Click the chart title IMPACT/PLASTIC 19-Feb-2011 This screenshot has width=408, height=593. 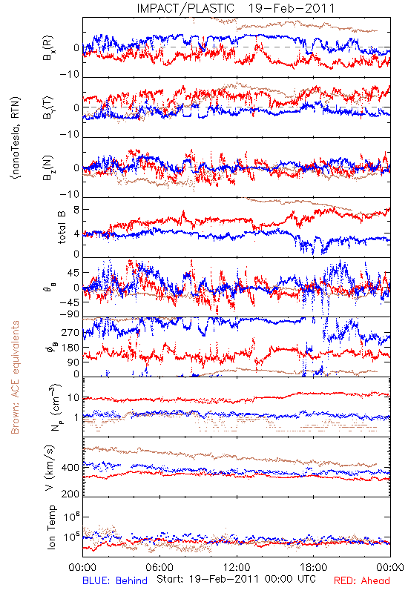coord(236,8)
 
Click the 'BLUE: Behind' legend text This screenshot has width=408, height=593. coord(115,580)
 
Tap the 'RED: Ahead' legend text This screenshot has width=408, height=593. coord(362,580)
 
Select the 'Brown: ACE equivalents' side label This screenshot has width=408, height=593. coord(15,377)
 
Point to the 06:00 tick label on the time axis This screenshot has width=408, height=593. coord(159,567)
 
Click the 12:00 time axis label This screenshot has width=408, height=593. coord(237,567)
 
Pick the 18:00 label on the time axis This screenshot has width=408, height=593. coord(314,567)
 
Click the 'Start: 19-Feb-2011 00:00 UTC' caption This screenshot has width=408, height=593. coord(236,579)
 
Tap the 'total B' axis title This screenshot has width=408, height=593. coord(62,228)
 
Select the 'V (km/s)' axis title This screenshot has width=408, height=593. coord(50,468)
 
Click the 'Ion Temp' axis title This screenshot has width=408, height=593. coord(51,527)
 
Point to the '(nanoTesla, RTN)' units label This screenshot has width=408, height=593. coord(16,138)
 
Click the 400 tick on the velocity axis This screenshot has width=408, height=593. coord(70,468)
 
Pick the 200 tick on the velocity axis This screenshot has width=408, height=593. coord(70,494)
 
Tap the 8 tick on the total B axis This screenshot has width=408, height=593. coord(76,211)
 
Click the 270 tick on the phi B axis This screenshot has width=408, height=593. coord(70,333)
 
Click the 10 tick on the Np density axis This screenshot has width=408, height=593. coord(73,398)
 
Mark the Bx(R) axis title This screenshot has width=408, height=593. coord(48,48)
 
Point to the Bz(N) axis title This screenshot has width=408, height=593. coord(48,168)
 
